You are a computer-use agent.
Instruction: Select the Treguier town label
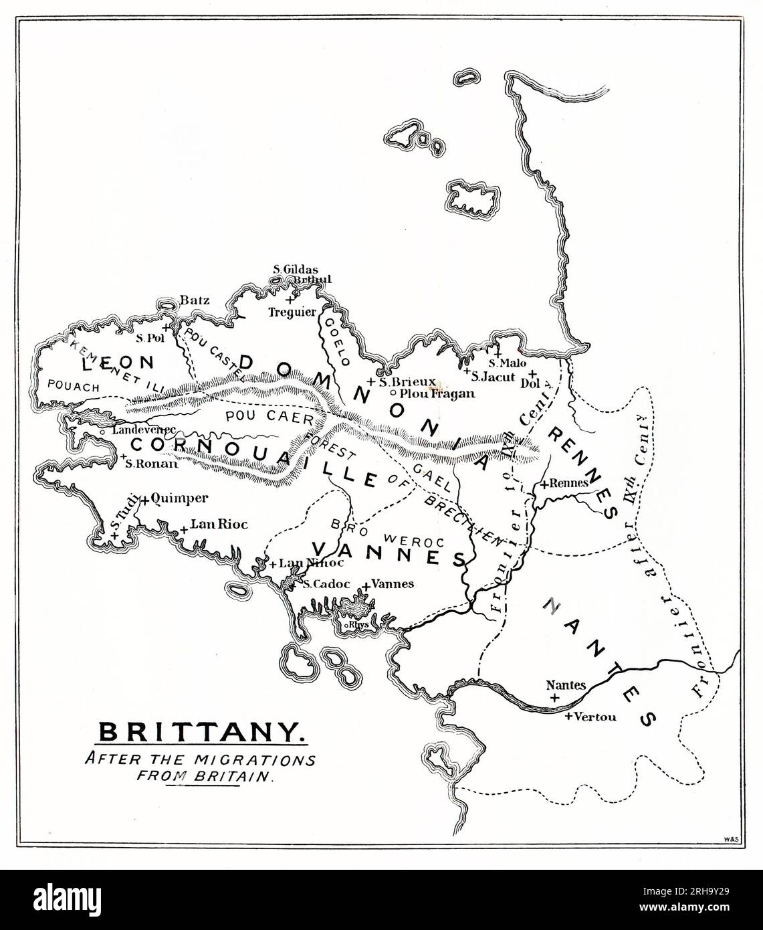point(292,311)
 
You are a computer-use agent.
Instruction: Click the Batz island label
point(195,300)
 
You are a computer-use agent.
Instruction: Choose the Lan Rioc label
point(219,525)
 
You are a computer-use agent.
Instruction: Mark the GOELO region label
point(336,340)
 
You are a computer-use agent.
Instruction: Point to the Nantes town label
point(566,685)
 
